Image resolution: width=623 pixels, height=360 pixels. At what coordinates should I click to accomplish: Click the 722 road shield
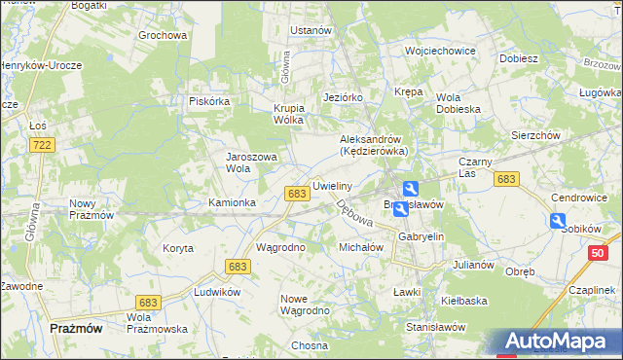tap(41, 145)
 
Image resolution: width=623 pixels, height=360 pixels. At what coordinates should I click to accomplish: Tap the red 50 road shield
tap(598, 254)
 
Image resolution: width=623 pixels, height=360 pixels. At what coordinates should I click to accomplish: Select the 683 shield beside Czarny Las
tap(505, 179)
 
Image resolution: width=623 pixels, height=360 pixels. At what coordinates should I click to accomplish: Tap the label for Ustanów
tap(311, 30)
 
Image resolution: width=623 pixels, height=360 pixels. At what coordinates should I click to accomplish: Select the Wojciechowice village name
tap(439, 51)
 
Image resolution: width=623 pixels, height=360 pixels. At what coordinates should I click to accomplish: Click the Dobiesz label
tap(519, 58)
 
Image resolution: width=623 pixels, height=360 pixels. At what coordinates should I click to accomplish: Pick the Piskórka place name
tap(208, 101)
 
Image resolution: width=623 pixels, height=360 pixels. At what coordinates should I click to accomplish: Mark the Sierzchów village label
tap(535, 136)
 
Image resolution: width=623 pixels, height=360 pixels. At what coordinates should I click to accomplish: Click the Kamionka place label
tap(232, 202)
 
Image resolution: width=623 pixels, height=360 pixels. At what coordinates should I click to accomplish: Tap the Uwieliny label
tap(332, 185)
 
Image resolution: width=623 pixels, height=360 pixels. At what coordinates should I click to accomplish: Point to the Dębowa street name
tap(354, 215)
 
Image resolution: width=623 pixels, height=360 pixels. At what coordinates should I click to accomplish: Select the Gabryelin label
tap(421, 236)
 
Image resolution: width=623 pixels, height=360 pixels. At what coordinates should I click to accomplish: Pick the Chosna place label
tap(309, 345)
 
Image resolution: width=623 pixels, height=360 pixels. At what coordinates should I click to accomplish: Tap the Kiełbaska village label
tap(463, 301)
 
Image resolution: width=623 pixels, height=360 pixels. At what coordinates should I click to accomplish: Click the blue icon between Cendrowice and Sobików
tap(558, 222)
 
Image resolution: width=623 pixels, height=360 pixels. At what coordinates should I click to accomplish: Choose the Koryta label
tap(178, 248)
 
